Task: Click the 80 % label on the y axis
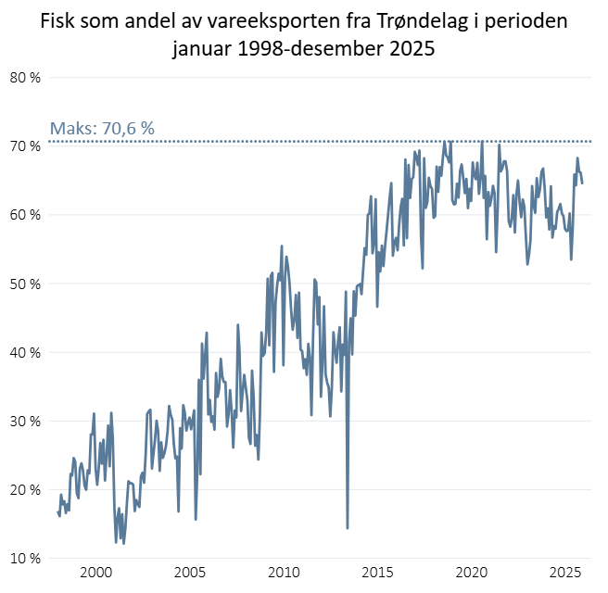[25, 78]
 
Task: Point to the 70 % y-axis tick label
[25, 146]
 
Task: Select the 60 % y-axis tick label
[25, 215]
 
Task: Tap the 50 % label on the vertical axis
[25, 284]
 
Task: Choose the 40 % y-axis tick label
[25, 352]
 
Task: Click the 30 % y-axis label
[25, 421]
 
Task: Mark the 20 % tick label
[25, 489]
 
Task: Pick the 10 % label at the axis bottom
[25, 558]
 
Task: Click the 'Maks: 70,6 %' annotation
[101, 129]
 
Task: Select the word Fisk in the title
[60, 20]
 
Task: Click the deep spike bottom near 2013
[348, 528]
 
